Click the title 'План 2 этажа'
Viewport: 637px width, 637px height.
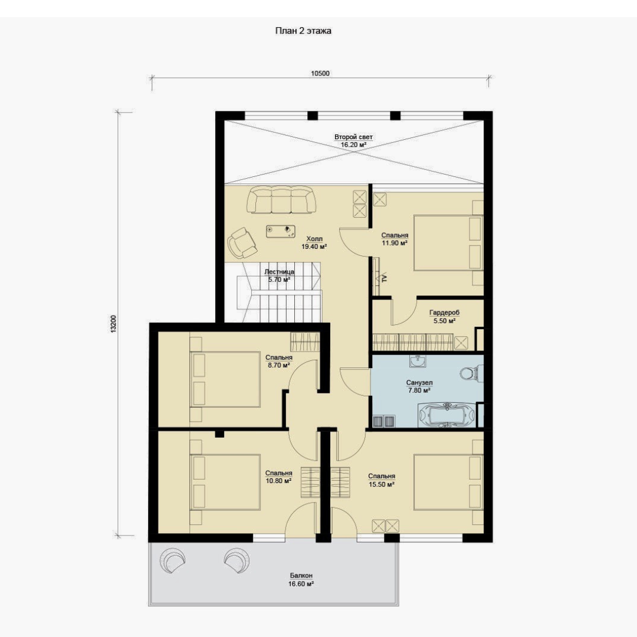[x=303, y=31]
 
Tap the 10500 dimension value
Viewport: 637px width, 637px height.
[x=320, y=74]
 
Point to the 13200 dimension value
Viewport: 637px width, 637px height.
[x=114, y=324]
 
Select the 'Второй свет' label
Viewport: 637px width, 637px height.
[x=353, y=137]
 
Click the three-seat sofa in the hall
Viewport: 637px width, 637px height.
[x=281, y=199]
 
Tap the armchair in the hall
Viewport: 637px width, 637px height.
[x=242, y=242]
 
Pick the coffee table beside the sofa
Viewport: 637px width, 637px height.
[x=280, y=231]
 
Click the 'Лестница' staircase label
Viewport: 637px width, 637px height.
[x=279, y=272]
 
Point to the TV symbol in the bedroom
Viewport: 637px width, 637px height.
[x=384, y=278]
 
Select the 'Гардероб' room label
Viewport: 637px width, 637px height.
[x=445, y=313]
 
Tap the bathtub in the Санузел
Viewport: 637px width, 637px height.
[x=446, y=415]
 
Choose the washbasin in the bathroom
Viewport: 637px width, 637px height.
[x=418, y=361]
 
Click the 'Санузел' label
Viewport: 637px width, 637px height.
[x=419, y=383]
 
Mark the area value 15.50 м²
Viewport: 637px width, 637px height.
[x=382, y=485]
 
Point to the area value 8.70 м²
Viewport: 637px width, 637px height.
[x=278, y=365]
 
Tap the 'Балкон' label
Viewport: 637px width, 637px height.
[x=301, y=576]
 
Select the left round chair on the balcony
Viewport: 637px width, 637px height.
[x=173, y=561]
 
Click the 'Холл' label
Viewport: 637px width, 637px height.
[x=314, y=239]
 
